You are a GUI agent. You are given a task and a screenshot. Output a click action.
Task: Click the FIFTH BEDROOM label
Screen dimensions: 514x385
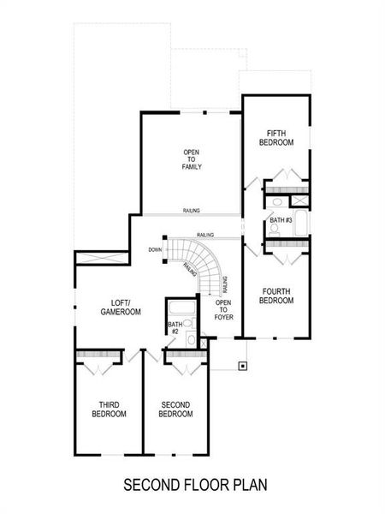[275, 137]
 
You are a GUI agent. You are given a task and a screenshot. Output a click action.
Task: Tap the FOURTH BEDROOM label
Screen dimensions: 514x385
[276, 296]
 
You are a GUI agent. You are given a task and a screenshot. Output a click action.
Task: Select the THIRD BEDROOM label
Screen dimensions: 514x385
[109, 409]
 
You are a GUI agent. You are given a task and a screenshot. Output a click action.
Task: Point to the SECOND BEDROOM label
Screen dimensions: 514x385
[175, 409]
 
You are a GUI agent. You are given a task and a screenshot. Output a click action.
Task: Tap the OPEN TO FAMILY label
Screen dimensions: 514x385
[190, 158]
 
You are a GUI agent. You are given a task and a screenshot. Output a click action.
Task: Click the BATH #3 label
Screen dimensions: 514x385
[281, 220]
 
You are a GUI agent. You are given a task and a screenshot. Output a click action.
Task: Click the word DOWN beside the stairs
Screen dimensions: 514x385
[154, 250]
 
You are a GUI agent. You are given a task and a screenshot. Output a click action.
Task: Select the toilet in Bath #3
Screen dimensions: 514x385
[276, 202]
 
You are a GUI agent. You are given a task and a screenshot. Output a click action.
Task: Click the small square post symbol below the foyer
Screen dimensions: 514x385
[242, 365]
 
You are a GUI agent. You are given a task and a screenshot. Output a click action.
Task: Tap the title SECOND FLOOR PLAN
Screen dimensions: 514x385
[195, 484]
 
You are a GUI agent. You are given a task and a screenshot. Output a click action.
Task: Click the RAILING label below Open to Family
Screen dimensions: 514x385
[192, 210]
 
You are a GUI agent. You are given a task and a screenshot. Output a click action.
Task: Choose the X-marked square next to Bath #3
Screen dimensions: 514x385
[299, 200]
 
